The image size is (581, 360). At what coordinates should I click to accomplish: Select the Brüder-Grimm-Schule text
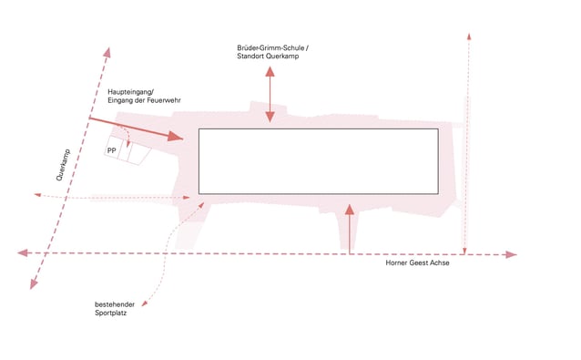pos(270,47)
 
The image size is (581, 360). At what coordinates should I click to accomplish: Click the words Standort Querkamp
pos(268,57)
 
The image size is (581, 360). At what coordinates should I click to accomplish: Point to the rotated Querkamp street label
pos(63,165)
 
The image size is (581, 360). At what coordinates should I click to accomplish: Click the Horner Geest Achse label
pos(418,262)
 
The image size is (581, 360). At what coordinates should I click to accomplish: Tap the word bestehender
pos(115,304)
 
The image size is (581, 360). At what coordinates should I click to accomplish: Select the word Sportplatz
pos(111,313)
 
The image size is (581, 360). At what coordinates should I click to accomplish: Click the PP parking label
pos(111,150)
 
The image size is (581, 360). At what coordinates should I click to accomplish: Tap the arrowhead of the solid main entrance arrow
pos(176,137)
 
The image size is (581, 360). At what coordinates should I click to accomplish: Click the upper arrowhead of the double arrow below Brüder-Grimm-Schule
pos(270,71)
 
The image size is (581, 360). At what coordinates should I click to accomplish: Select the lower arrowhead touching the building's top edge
pos(270,118)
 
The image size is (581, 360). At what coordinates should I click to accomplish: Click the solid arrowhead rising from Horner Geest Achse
pos(350,210)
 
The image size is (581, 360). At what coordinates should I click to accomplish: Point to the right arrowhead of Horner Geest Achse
pos(512,254)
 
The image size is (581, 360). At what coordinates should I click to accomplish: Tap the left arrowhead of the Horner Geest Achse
pos(23,252)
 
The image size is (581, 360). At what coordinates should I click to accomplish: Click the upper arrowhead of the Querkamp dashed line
pos(107,53)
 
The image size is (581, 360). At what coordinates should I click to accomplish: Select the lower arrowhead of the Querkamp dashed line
pos(34,284)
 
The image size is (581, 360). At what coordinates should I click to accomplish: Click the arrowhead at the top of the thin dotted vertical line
pos(469,36)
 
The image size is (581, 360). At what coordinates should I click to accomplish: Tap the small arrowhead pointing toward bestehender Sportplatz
pos(144,303)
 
